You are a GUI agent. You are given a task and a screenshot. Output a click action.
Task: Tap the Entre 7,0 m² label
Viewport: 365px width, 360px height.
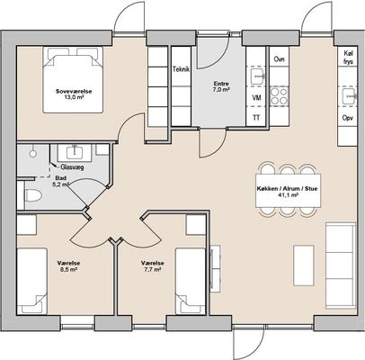(x=221, y=86)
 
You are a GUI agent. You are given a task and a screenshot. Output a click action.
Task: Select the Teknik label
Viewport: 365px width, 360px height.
(x=181, y=69)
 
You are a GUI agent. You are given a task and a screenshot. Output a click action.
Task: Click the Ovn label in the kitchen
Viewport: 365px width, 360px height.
(x=279, y=59)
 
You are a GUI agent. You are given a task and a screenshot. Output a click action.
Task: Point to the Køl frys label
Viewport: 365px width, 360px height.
(x=349, y=58)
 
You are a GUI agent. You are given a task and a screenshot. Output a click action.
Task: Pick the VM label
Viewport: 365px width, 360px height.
(x=256, y=98)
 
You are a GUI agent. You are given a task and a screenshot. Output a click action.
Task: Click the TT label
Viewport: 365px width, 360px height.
(x=256, y=118)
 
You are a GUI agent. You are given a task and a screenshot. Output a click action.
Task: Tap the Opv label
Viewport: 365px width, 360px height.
(x=348, y=118)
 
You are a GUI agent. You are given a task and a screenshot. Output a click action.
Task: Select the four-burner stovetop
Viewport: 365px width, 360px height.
(x=279, y=95)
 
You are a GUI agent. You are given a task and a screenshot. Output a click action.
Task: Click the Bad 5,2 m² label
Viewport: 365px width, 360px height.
(x=61, y=181)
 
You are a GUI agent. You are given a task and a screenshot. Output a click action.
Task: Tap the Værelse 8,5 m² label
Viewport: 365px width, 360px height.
(x=68, y=266)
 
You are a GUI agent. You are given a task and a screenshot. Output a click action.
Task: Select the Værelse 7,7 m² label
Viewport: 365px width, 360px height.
(x=153, y=266)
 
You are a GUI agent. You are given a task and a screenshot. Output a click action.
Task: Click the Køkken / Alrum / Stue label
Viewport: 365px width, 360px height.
(x=287, y=192)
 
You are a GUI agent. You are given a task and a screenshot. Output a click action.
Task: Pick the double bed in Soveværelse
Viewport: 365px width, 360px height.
(x=73, y=80)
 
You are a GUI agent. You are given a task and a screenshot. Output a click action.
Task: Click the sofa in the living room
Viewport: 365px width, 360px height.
(x=341, y=265)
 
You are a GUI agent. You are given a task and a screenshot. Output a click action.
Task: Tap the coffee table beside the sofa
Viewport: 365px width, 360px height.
(x=304, y=265)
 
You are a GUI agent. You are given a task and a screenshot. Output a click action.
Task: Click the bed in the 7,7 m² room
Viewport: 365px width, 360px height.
(x=191, y=281)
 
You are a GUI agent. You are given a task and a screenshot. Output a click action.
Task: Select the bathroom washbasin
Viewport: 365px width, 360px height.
(x=73, y=151)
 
